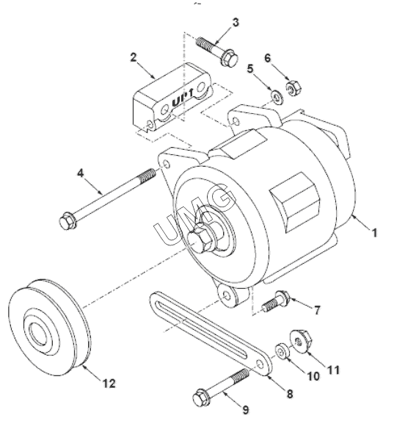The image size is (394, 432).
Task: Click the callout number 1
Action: click(x=373, y=233)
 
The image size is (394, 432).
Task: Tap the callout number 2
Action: click(x=134, y=58)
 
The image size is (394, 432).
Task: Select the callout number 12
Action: click(x=109, y=384)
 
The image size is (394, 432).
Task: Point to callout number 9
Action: click(x=245, y=410)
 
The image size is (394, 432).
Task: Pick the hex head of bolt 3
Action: click(x=229, y=57)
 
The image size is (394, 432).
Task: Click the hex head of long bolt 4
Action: click(x=68, y=221)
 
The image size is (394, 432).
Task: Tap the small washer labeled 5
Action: click(x=276, y=96)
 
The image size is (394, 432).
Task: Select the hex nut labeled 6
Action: click(x=293, y=87)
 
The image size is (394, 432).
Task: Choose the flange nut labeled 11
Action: click(x=301, y=342)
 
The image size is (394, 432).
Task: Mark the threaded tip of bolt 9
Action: click(x=241, y=376)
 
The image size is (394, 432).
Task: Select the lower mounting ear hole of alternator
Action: click(x=226, y=296)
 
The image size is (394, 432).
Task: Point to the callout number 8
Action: click(x=289, y=393)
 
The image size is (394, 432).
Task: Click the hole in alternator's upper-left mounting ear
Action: click(x=166, y=165)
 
